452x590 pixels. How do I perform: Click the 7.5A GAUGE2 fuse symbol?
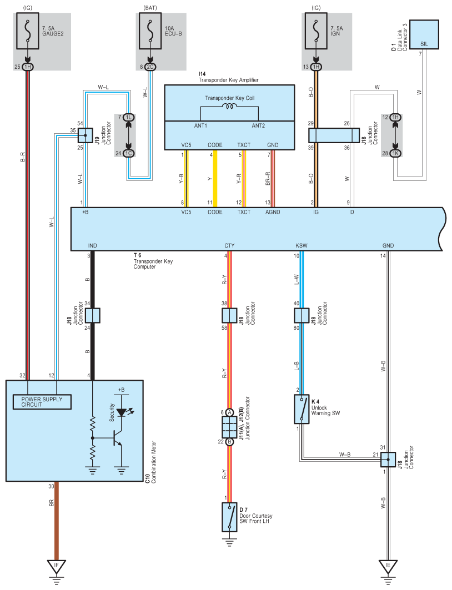point(27,31)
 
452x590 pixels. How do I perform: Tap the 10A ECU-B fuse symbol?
point(150,31)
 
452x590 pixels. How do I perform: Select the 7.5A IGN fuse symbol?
point(316,31)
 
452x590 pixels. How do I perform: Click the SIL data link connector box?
point(424,34)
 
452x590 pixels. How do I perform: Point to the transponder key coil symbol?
point(229,107)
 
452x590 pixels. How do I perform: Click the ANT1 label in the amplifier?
point(200,125)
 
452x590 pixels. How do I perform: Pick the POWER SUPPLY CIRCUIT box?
point(42,402)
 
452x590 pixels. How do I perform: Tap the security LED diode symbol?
point(121,412)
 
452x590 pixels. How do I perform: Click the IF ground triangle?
point(57,566)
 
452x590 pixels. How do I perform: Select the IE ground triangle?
point(388,566)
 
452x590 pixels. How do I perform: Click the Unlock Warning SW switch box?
point(302,409)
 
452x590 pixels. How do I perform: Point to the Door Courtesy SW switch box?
point(229,517)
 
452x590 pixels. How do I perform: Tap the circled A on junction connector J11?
point(229,412)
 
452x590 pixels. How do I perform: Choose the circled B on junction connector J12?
point(229,441)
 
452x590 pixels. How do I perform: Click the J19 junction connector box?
point(86,135)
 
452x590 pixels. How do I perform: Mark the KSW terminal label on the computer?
point(302,246)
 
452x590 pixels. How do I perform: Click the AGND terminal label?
point(273,212)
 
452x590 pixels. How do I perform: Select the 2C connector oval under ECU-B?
point(150,67)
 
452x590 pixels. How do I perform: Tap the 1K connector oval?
point(395,154)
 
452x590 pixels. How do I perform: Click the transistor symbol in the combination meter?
point(117,438)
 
